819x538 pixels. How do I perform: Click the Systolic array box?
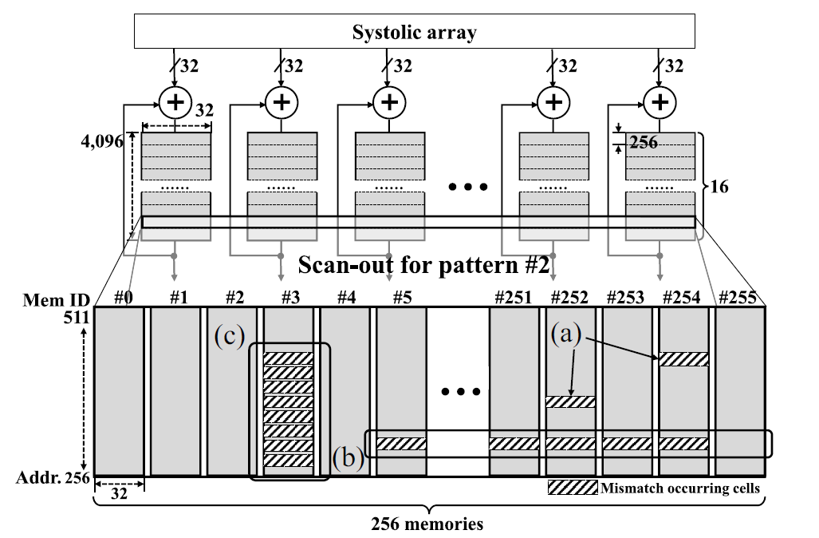point(415,33)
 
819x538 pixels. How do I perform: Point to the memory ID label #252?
point(571,298)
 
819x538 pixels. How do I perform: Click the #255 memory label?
point(738,298)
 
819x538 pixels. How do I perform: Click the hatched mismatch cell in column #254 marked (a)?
point(683,359)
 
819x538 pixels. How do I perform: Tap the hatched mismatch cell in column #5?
point(401,444)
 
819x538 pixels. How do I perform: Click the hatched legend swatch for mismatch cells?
point(571,486)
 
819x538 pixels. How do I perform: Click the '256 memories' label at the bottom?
point(427,524)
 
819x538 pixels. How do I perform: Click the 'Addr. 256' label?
point(50,479)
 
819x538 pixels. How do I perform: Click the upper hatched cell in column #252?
point(570,402)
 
